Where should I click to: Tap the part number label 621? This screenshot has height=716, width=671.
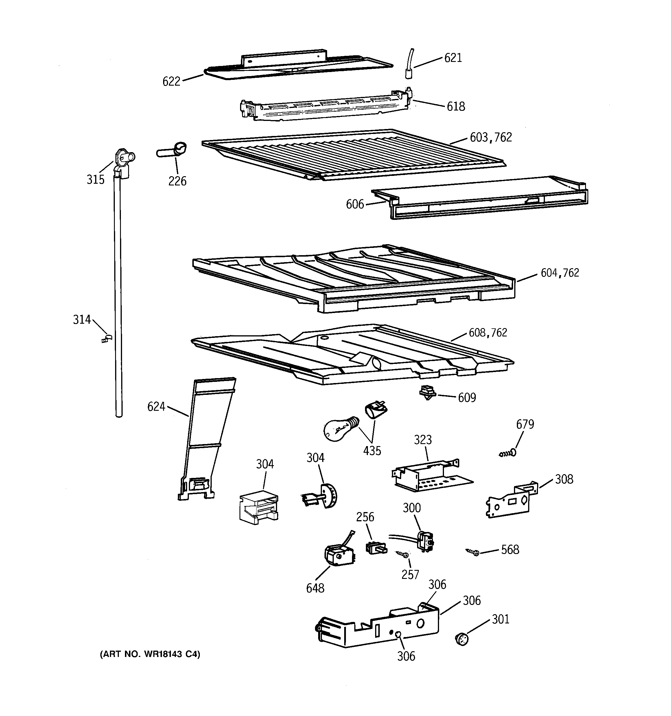pyautogui.click(x=453, y=58)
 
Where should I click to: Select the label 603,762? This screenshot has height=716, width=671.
pyautogui.click(x=491, y=138)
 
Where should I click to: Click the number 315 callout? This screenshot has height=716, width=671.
pyautogui.click(x=95, y=179)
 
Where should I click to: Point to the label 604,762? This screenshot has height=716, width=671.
pyautogui.click(x=559, y=273)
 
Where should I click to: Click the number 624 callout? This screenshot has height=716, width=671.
pyautogui.click(x=156, y=407)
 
